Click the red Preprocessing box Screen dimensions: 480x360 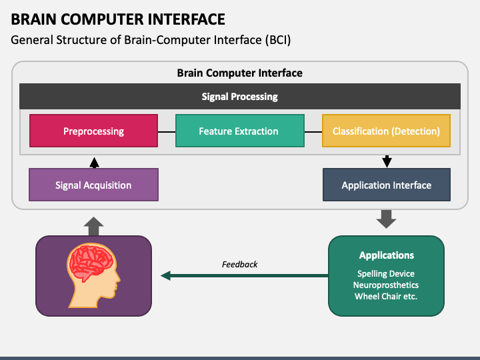click(94, 131)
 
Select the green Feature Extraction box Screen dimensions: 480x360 click(240, 131)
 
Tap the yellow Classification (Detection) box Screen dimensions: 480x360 click(386, 131)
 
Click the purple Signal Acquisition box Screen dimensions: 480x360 click(94, 185)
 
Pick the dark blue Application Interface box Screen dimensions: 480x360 click(387, 185)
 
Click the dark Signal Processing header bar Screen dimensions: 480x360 click(240, 96)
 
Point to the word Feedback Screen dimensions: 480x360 click(240, 264)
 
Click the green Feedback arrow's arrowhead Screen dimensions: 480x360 click(165, 275)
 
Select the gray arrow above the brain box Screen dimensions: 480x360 click(94, 227)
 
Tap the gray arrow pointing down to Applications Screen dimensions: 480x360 click(386, 219)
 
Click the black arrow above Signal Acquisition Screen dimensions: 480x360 click(94, 163)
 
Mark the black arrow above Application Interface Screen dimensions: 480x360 click(387, 161)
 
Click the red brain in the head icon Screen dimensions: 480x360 click(91, 262)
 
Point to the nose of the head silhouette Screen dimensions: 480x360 click(119, 279)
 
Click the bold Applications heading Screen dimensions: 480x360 click(386, 255)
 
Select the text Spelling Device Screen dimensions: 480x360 click(386, 273)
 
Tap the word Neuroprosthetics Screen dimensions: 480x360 click(386, 285)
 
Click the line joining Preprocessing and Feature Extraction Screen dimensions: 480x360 click(167, 132)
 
